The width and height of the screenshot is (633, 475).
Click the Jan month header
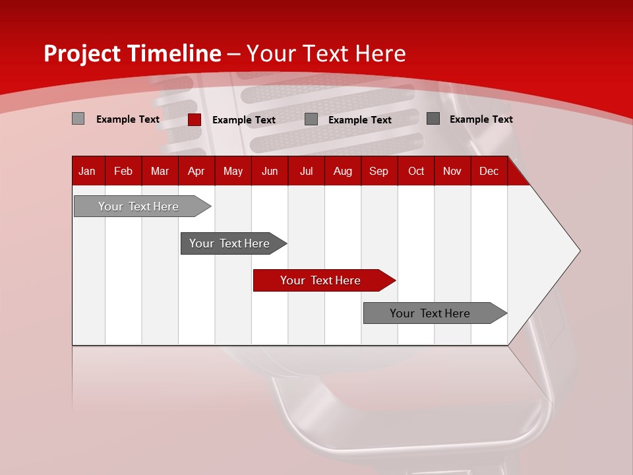(x=88, y=171)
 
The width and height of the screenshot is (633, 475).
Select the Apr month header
(x=196, y=171)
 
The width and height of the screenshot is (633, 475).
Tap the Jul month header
(x=306, y=171)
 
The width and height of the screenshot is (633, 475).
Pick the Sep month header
(x=378, y=171)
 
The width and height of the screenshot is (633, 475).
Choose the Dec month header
(x=489, y=171)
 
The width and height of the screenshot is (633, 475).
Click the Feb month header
(x=123, y=171)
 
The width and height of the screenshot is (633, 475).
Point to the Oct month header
(x=416, y=171)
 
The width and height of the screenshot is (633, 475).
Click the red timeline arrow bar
(x=323, y=280)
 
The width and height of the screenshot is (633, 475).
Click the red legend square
(x=194, y=119)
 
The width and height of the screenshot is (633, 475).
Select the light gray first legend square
(x=78, y=119)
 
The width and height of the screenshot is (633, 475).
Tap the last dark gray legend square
(x=433, y=119)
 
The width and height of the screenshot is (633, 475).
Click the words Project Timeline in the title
(x=132, y=53)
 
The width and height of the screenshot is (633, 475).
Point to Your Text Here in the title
(x=326, y=53)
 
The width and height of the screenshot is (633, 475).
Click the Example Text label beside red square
(x=244, y=120)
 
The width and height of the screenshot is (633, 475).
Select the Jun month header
(x=270, y=171)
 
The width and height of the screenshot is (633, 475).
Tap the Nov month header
(x=452, y=171)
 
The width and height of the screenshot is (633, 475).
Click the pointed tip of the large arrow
(x=577, y=251)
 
